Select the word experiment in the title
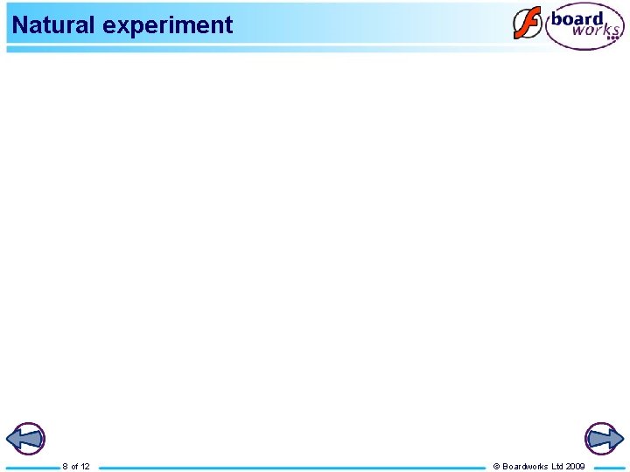(x=168, y=25)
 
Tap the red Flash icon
(x=527, y=24)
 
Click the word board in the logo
(x=577, y=19)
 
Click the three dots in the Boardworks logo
(x=612, y=38)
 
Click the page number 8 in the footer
(x=65, y=467)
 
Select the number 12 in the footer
(x=85, y=467)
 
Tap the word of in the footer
(x=74, y=467)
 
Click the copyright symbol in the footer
(x=496, y=467)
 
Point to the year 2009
(x=576, y=467)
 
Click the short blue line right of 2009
(x=610, y=468)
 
